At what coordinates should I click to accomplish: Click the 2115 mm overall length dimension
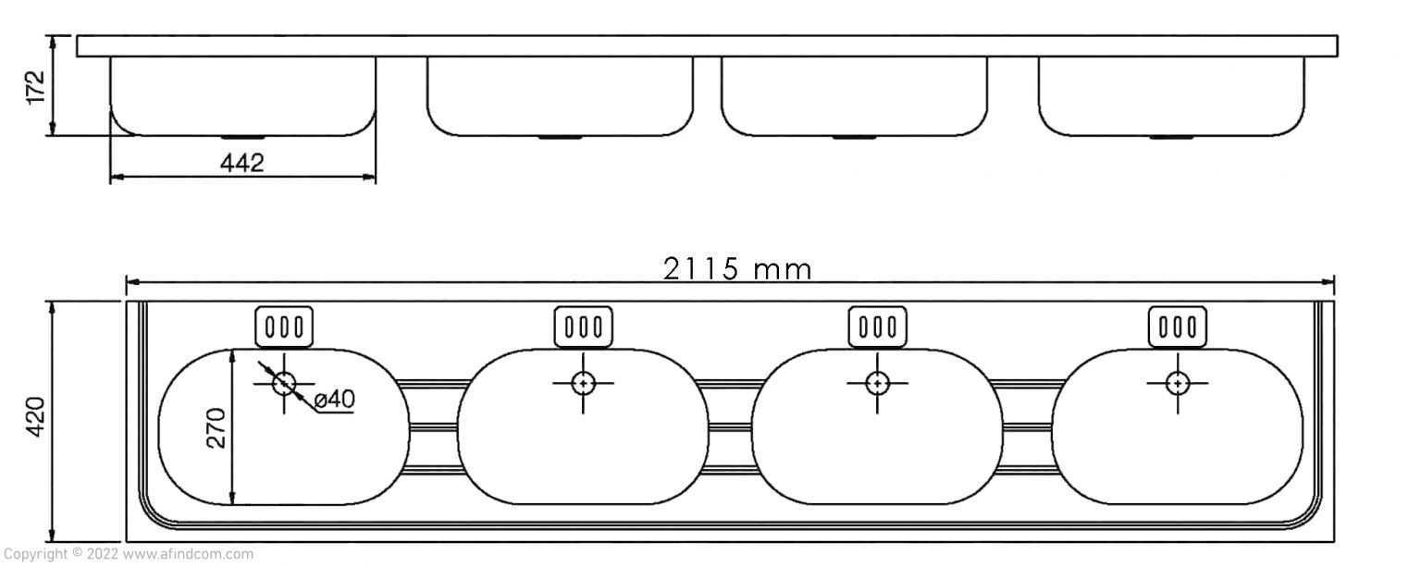737,269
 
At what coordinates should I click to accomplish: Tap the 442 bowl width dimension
241,163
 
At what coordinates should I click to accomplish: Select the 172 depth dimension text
35,88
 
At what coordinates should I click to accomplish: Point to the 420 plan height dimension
35,416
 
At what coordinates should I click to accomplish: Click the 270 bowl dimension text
216,428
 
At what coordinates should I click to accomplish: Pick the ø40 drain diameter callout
334,399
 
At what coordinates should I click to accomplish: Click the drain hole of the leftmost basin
284,384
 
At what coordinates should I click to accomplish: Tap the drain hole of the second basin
583,384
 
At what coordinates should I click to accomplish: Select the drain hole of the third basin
877,384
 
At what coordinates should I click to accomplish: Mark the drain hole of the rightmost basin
1178,384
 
